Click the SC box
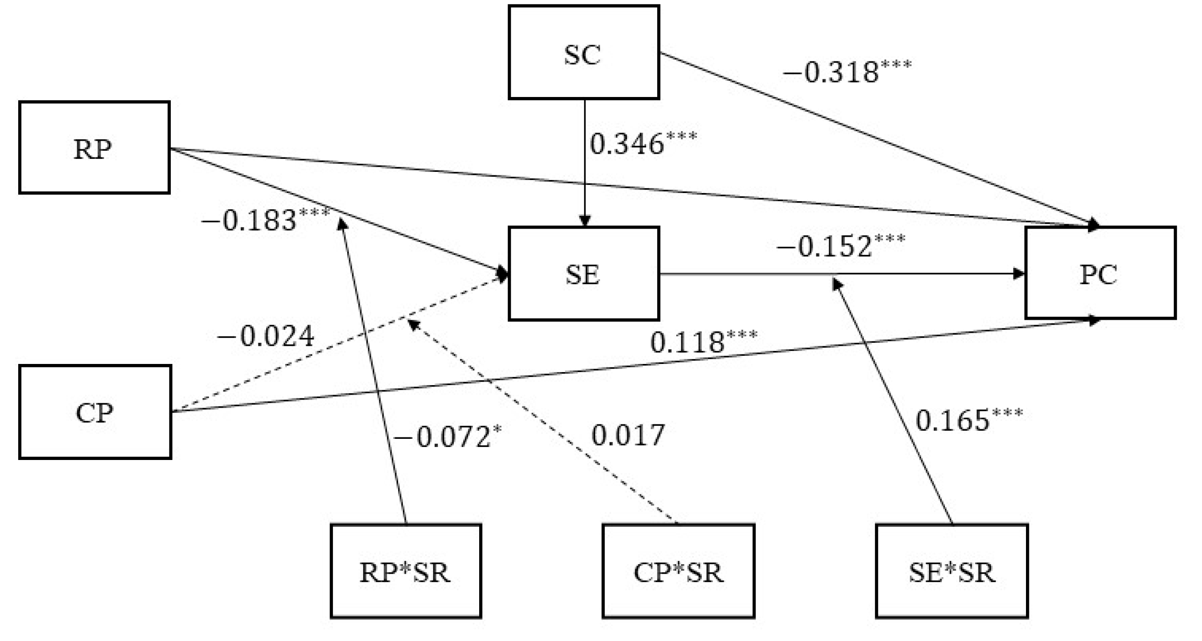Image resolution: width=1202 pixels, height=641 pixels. pos(584,52)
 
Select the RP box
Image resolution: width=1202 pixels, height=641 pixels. pos(94,147)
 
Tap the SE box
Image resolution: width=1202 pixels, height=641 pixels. pos(584,274)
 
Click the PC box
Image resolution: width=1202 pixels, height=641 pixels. pos(1100,273)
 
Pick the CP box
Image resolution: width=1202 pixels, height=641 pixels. pos(95,412)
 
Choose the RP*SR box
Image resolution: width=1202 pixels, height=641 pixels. pos(406,571)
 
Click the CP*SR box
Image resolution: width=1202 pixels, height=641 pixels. pos(678,571)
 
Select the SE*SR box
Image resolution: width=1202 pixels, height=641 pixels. pos(952,571)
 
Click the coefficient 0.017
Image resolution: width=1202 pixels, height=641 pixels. pos(628,435)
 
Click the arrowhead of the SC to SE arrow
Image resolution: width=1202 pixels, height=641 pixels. pos(585,221)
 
